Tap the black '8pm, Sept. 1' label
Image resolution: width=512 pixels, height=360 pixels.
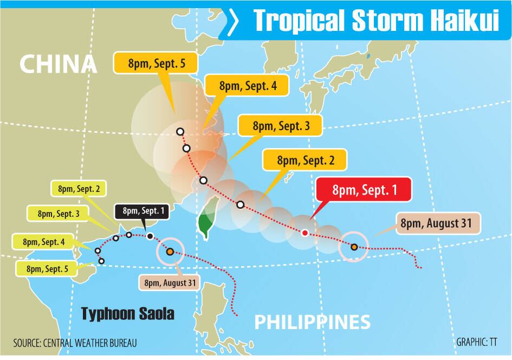pos(142,211)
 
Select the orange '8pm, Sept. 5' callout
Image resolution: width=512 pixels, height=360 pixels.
pos(157,64)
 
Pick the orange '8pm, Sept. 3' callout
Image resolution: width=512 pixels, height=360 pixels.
pos(281,126)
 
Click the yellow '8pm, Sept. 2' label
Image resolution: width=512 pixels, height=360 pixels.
pos(79,190)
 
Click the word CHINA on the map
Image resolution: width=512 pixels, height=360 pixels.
pos(58,65)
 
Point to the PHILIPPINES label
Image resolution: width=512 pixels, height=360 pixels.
pos(313,322)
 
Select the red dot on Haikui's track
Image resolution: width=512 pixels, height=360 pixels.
pos(304,233)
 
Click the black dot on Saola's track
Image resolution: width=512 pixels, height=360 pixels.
pos(150,236)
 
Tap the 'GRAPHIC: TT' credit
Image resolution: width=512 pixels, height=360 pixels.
pos(477,343)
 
